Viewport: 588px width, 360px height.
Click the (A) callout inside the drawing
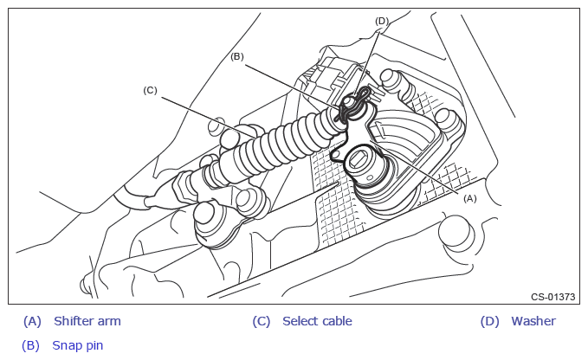pos(470,197)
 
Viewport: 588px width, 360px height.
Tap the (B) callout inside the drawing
pos(237,56)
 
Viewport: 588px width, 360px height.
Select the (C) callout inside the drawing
pos(150,89)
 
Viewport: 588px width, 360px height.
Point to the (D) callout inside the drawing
pos(382,20)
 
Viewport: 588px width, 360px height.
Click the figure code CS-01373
pos(553,297)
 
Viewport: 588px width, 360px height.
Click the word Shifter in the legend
pos(74,321)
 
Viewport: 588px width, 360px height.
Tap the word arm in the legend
pos(110,321)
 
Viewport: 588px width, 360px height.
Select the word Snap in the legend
pos(67,344)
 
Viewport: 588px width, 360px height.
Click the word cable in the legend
pos(336,321)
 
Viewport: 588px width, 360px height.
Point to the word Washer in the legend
pos(533,321)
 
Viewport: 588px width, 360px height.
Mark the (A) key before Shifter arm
pos(32,321)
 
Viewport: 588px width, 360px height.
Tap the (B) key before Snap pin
pos(31,344)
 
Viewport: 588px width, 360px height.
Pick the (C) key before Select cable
pos(262,321)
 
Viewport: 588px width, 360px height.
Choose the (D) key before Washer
pos(490,321)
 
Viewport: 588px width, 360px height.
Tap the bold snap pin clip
pos(354,104)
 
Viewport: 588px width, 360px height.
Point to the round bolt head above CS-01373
pos(456,231)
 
